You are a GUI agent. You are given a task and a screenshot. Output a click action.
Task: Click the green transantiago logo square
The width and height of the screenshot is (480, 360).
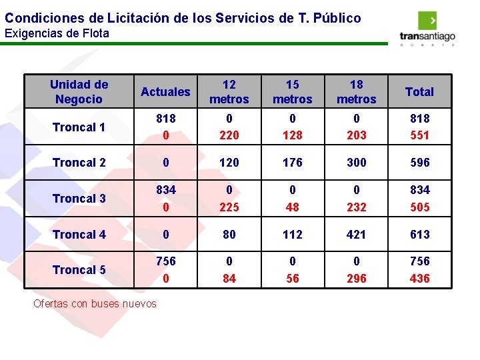coord(427,21)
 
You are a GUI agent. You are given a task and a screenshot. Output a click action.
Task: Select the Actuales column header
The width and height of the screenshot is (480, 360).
coord(165,92)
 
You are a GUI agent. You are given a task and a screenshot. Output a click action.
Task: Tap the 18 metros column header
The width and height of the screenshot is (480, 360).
coord(356,92)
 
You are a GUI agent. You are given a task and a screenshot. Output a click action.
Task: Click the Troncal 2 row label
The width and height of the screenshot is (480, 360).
coord(79,163)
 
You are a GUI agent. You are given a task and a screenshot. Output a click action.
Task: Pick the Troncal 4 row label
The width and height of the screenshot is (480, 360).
coord(79,235)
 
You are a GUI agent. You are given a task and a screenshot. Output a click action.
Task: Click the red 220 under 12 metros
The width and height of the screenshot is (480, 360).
coord(229,135)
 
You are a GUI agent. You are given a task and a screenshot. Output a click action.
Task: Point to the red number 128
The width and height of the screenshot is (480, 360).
coord(293,135)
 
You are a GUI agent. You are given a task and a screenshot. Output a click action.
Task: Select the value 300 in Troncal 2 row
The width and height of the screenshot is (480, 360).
coord(356,162)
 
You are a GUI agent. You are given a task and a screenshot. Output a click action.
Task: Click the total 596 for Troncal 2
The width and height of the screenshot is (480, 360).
coord(420,162)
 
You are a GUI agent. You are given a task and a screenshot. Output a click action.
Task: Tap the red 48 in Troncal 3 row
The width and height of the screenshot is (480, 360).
coord(293,207)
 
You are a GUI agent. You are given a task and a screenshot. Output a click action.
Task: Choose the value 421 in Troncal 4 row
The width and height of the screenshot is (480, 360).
coord(356,235)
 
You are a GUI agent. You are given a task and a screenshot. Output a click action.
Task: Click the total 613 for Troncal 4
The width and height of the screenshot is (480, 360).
coord(420,235)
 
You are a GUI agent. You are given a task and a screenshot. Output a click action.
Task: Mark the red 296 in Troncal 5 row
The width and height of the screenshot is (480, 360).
coord(356,279)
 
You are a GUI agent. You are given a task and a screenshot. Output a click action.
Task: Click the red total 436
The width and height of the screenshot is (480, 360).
coord(420,279)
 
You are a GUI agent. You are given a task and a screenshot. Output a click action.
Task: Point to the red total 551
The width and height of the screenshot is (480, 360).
coord(420,135)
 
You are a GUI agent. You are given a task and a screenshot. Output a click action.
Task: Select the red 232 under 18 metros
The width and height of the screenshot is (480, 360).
coord(356,207)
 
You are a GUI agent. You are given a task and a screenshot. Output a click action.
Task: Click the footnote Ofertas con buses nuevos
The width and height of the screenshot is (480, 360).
coord(95,304)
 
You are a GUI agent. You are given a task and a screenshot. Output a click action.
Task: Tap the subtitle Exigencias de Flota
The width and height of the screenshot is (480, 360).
coord(57,33)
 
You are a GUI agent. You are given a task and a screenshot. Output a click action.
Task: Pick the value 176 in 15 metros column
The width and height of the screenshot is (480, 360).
coord(293,162)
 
